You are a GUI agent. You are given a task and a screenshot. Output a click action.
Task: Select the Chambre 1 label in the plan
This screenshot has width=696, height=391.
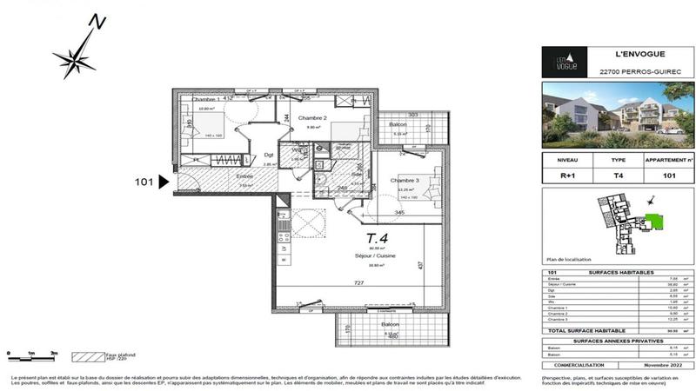206,97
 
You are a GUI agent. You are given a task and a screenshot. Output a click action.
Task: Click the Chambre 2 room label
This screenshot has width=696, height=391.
312,117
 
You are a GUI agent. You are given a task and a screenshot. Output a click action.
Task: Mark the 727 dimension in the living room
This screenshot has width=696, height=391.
353,283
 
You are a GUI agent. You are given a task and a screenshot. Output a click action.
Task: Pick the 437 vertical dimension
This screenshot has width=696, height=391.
419,264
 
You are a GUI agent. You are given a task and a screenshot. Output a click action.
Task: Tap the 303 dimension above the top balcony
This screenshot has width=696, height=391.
414,114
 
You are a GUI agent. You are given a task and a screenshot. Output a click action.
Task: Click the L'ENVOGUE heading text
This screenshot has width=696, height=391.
621,53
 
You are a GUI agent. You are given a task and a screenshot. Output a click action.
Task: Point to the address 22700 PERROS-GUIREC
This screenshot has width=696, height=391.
621,72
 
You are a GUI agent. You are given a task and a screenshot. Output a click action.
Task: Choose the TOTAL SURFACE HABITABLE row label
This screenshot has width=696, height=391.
581,330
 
